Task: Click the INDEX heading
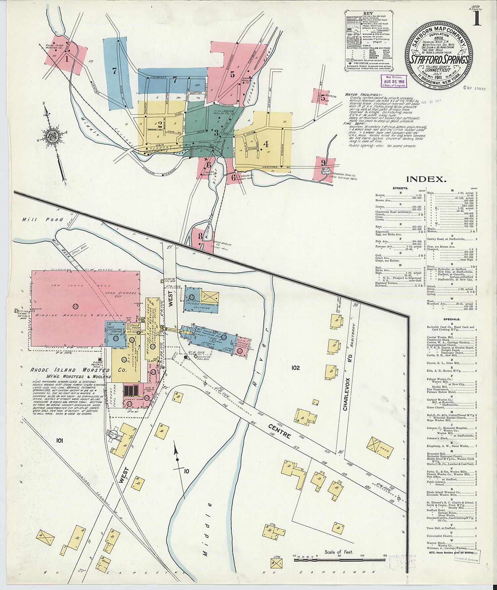pyautogui.click(x=426, y=179)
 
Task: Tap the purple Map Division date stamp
pyautogui.click(x=394, y=81)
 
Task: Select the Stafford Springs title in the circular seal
pyautogui.click(x=438, y=60)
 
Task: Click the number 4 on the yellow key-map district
pyautogui.click(x=265, y=144)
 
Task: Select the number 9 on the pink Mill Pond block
pyautogui.click(x=323, y=163)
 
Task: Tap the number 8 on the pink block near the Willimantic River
pyautogui.click(x=200, y=236)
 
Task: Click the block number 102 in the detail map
pyautogui.click(x=296, y=367)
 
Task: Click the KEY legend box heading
pyautogui.click(x=368, y=14)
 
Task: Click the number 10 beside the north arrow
pyautogui.click(x=187, y=471)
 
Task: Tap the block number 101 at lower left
pyautogui.click(x=59, y=440)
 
